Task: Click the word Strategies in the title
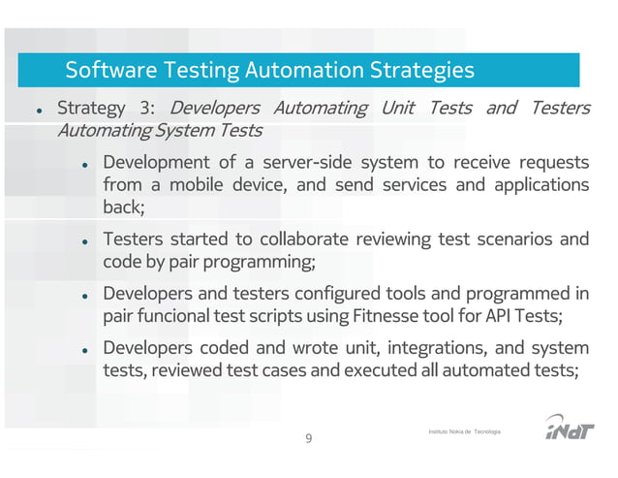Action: click(x=422, y=70)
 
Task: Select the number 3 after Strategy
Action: click(x=149, y=107)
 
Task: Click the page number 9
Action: click(x=309, y=439)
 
